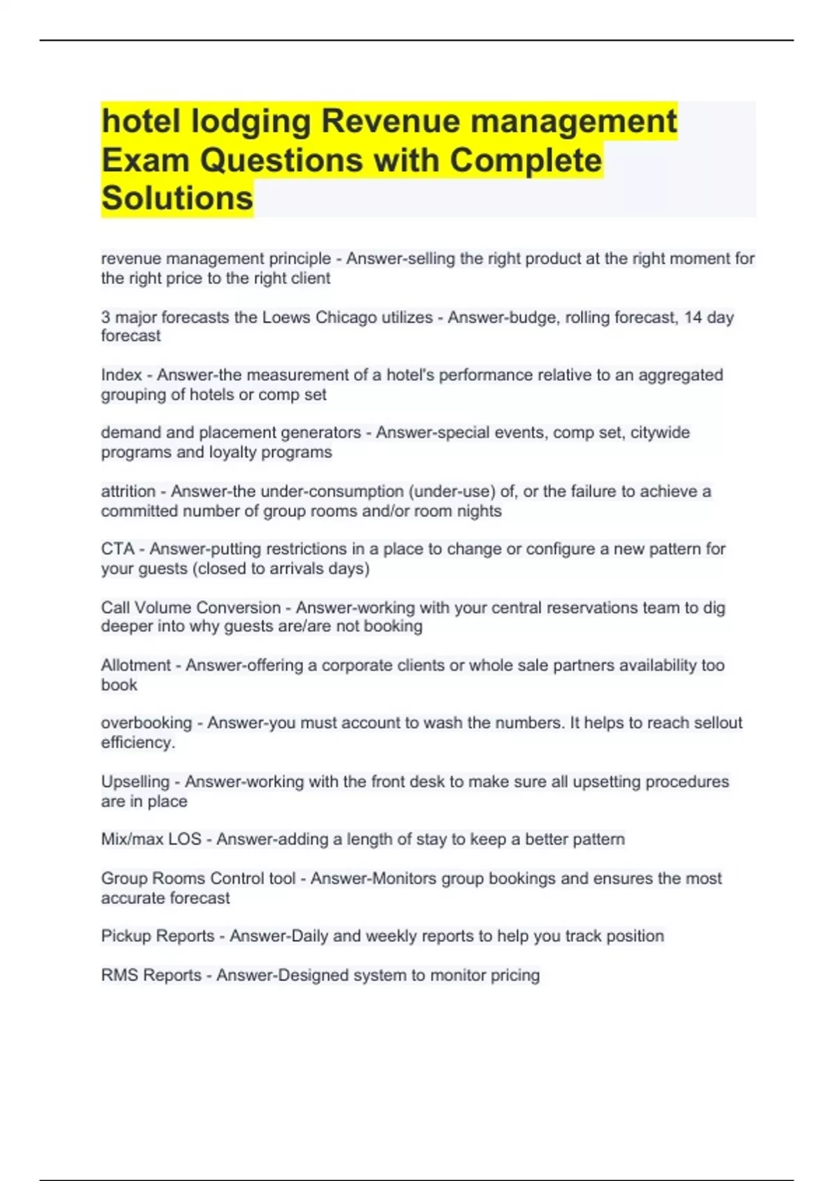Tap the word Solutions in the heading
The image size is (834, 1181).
(177, 198)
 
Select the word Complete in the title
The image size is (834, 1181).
(525, 160)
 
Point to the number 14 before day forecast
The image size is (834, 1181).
(693, 317)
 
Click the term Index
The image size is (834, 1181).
(121, 375)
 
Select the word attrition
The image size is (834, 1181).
(128, 491)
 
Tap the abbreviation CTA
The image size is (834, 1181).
(117, 549)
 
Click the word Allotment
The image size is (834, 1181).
(136, 665)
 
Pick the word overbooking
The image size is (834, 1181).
(146, 722)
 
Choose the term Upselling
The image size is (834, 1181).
(135, 782)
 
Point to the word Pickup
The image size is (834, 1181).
(126, 936)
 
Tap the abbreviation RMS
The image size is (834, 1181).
(117, 975)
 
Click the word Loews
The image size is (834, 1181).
(285, 317)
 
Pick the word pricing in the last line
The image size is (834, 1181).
(514, 975)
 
